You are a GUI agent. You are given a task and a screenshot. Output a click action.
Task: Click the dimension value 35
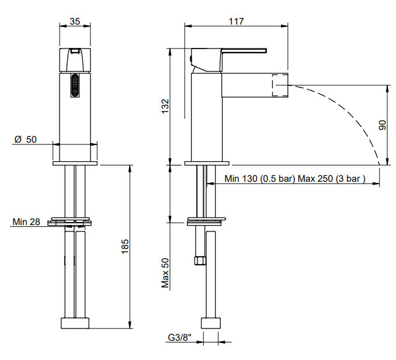point(75,21)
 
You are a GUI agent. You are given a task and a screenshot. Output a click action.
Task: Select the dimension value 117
point(236,21)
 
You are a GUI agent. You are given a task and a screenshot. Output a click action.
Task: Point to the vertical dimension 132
point(165,106)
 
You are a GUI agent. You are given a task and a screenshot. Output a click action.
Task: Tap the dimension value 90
point(383,124)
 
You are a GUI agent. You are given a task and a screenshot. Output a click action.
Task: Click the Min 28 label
point(26,221)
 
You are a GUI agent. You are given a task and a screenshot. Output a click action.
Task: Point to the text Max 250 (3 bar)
point(331,179)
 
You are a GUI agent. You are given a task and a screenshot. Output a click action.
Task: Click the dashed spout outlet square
point(282,85)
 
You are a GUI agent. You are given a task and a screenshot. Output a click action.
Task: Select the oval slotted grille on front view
point(75,86)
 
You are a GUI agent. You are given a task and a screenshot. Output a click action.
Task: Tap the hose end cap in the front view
point(75,324)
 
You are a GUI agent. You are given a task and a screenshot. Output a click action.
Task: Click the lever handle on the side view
point(234,53)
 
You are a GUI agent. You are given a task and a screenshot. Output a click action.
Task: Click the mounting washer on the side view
point(205,221)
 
